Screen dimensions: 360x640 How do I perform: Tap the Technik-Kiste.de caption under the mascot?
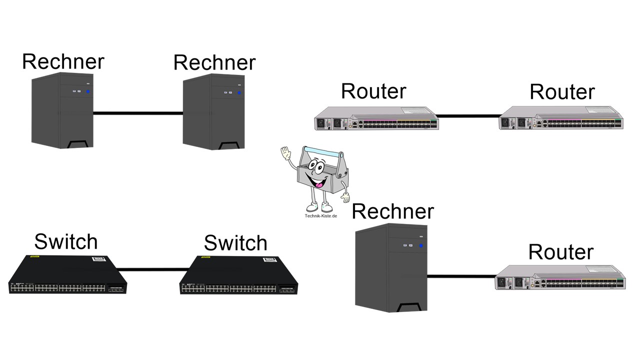coord(320,216)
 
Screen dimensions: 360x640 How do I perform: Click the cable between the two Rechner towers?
coord(138,113)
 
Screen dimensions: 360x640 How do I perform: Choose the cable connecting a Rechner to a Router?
coord(461,275)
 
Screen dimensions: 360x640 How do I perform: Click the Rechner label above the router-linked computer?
coord(392,211)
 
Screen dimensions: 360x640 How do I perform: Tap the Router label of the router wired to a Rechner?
coord(560,251)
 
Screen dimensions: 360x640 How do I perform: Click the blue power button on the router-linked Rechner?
coord(421,245)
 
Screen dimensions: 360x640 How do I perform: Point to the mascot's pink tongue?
coord(317,184)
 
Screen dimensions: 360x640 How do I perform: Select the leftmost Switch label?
coord(65,242)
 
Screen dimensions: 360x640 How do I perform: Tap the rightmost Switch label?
coord(235,243)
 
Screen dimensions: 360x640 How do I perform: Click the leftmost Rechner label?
coord(63,61)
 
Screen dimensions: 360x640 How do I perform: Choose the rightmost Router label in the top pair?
coord(562,92)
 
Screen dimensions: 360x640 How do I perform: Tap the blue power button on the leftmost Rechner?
coord(88,91)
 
